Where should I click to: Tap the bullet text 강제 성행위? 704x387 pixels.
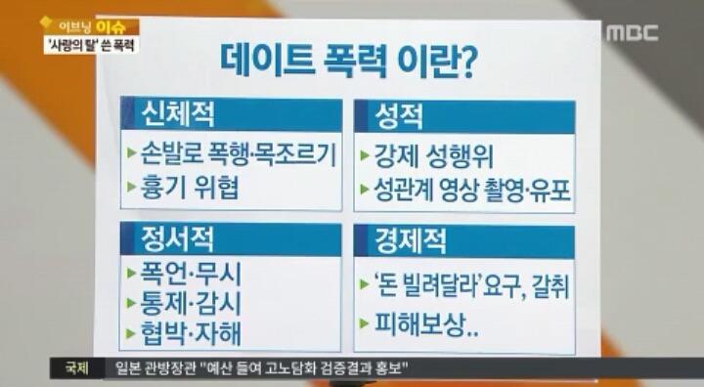coord(429,155)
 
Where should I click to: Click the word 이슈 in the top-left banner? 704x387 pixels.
coord(114,25)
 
